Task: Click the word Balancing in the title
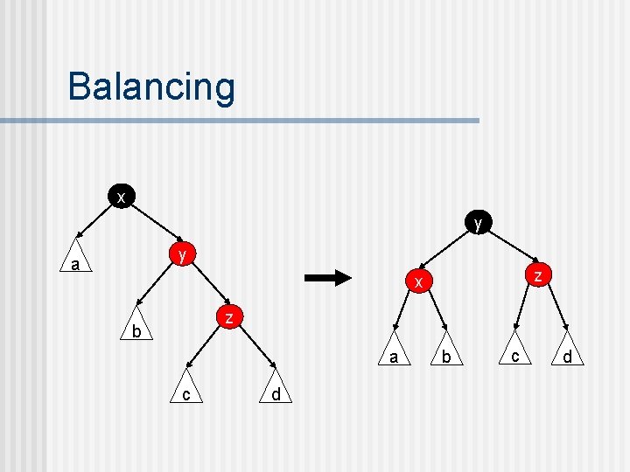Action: pos(151,87)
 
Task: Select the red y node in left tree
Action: pos(182,254)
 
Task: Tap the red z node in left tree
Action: pos(228,317)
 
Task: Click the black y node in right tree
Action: pos(478,223)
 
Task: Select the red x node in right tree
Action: pos(419,281)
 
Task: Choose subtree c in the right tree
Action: pos(515,353)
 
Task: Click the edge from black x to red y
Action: pos(151,226)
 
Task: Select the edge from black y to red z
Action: pos(508,249)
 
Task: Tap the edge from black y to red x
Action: pos(448,252)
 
